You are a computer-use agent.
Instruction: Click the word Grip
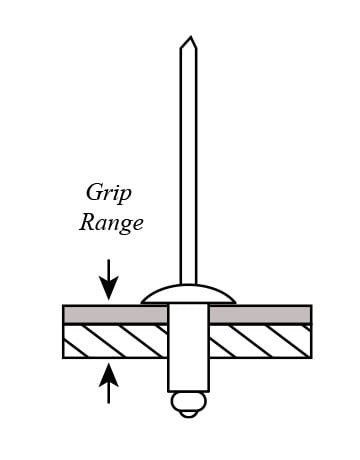[109, 193]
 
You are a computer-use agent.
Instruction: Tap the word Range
[111, 223]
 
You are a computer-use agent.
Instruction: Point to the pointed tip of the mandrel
[190, 36]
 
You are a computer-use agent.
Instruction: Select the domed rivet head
[188, 295]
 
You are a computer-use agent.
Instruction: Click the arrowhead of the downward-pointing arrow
[108, 287]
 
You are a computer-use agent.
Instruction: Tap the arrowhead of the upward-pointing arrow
[108, 375]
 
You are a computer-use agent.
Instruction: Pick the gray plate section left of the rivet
[115, 314]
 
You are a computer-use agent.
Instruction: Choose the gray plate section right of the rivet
[260, 314]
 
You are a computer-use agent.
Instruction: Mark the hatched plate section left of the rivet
[115, 341]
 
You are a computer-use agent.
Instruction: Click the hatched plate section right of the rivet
[260, 341]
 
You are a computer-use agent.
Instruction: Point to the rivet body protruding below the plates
[188, 375]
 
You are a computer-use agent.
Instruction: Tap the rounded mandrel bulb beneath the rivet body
[188, 402]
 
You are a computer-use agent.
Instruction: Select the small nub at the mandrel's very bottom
[188, 414]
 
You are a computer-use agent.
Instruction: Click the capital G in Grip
[95, 192]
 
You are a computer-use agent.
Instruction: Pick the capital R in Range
[89, 222]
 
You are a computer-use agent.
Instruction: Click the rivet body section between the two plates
[188, 331]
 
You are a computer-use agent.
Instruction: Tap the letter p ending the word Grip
[126, 196]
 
